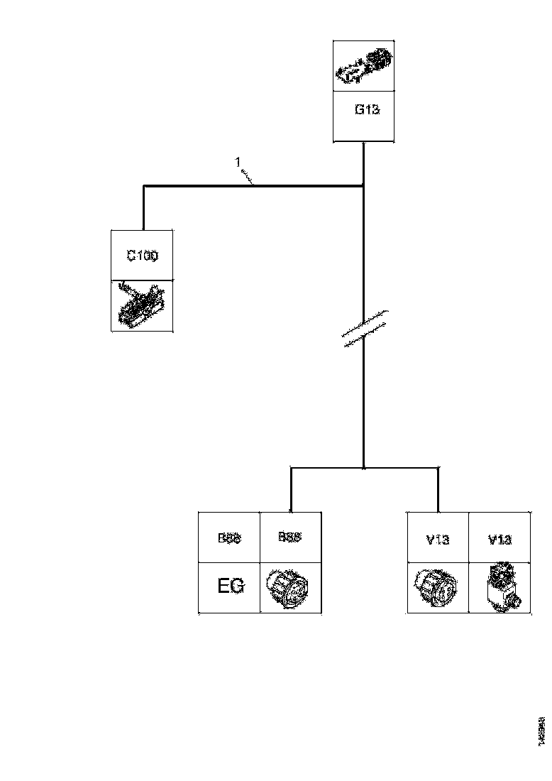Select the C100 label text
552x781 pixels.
click(x=142, y=256)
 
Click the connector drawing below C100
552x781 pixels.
click(x=142, y=305)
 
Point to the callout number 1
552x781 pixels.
click(x=238, y=163)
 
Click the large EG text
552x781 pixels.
click(x=230, y=586)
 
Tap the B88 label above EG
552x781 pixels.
click(x=229, y=538)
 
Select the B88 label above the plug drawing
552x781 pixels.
click(x=289, y=537)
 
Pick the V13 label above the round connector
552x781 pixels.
click(x=438, y=539)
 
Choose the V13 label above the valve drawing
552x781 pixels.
click(x=499, y=539)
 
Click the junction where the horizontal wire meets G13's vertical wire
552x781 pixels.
click(x=364, y=187)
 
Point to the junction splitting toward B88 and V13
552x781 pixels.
click(x=364, y=468)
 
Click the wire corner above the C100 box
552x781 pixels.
click(x=144, y=187)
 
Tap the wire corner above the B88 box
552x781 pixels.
click(x=291, y=468)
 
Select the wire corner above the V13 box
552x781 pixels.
click(x=438, y=468)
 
